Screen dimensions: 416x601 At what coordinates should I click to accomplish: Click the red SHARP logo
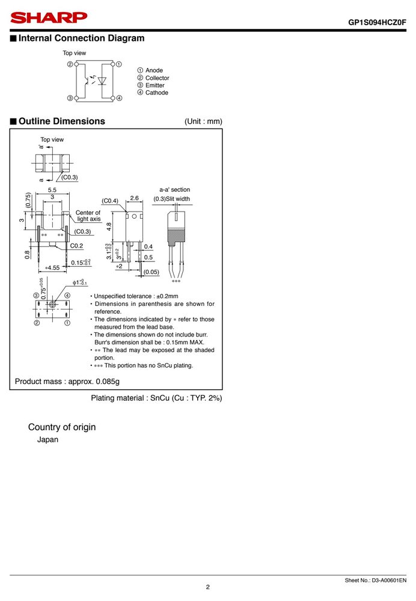[x=49, y=17]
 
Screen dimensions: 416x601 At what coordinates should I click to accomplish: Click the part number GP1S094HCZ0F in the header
[x=377, y=22]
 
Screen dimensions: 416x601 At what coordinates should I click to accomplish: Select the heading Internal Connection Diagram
[x=82, y=38]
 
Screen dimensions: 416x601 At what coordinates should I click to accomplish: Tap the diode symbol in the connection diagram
[x=102, y=81]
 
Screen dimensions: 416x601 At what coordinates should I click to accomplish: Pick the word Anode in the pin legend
[x=154, y=70]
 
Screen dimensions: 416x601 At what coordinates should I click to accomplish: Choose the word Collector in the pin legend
[x=157, y=78]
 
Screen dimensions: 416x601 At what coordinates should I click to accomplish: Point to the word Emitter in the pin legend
[x=155, y=85]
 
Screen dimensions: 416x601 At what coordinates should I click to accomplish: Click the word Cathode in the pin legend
[x=157, y=93]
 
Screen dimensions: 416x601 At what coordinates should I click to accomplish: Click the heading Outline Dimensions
[x=62, y=121]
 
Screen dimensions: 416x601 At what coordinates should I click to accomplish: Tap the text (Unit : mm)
[x=203, y=121]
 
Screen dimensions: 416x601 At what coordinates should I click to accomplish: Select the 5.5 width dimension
[x=52, y=190]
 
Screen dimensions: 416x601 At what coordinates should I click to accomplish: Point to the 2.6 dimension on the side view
[x=134, y=198]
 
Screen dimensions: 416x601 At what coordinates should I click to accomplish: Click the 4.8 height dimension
[x=109, y=227]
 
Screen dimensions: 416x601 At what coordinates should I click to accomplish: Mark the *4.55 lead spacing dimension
[x=52, y=267]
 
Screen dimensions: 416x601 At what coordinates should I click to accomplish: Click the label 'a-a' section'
[x=174, y=189]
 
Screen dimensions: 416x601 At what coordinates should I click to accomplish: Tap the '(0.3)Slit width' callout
[x=171, y=198]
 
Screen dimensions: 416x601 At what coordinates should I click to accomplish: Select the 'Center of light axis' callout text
[x=88, y=216]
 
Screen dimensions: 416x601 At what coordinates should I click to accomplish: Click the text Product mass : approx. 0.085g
[x=67, y=382]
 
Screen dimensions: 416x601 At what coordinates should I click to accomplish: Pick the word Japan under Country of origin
[x=47, y=440]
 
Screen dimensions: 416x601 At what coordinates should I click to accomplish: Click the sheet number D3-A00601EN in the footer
[x=389, y=581]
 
